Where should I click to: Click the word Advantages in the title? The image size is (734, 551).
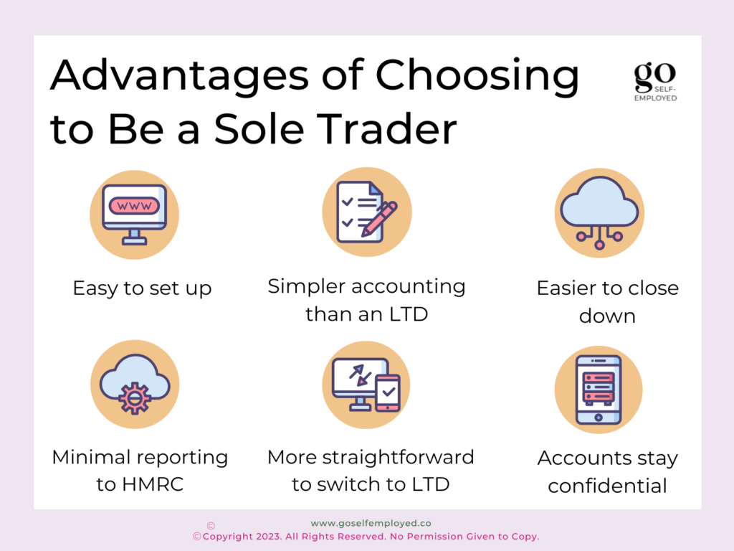[x=179, y=75]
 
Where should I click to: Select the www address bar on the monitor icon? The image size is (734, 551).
[x=134, y=206]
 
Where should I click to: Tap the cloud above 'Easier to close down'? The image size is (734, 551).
[x=599, y=202]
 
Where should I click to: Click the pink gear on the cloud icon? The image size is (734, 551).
[x=135, y=398]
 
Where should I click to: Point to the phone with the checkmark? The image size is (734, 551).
[x=388, y=393]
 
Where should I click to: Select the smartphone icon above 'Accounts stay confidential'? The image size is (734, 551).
[x=599, y=390]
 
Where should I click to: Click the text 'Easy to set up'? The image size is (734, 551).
[x=143, y=288]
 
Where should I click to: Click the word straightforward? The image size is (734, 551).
[x=399, y=458]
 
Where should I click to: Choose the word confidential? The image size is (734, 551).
[x=608, y=486]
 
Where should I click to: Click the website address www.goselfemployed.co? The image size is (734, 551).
[x=371, y=523]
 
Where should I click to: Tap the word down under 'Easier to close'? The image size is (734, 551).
[x=607, y=316]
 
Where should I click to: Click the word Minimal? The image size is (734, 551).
[x=88, y=457]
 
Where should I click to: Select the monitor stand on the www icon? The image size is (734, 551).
[x=134, y=237]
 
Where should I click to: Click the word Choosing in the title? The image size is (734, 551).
[x=477, y=75]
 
